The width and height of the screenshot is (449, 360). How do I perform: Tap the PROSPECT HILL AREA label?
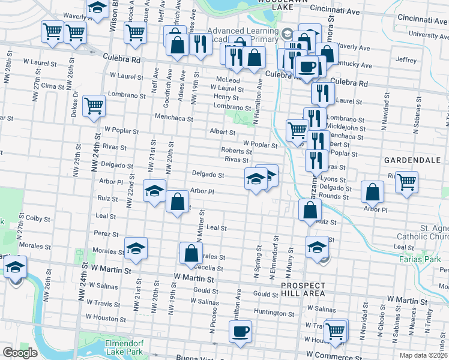[303, 289]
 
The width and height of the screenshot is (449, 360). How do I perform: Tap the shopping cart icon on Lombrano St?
[94, 106]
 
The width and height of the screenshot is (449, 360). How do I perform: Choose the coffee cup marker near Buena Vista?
[240, 331]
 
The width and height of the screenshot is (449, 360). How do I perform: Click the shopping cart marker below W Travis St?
[336, 330]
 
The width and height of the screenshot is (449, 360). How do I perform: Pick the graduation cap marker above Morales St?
[136, 248]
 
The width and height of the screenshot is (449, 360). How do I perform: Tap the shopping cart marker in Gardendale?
[407, 181]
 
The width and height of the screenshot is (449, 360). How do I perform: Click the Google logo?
[20, 353]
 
